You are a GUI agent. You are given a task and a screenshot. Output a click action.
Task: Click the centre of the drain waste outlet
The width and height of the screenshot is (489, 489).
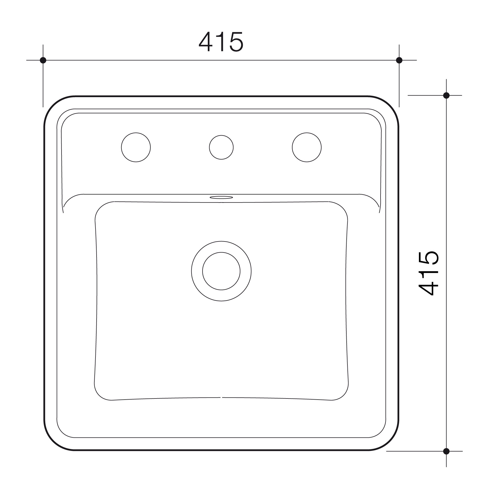221,271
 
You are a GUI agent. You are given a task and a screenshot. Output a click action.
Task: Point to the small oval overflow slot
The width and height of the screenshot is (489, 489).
221,197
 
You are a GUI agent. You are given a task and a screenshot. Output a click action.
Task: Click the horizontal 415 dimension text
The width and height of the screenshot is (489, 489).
221,42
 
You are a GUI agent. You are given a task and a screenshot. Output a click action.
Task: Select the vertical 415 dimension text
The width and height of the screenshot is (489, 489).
428,273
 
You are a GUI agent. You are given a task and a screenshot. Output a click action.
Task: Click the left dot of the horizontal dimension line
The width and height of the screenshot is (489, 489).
43,60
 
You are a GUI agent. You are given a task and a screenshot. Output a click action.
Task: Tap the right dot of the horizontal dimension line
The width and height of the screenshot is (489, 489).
399,60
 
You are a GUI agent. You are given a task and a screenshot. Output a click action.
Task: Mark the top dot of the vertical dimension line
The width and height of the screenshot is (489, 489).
446,95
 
